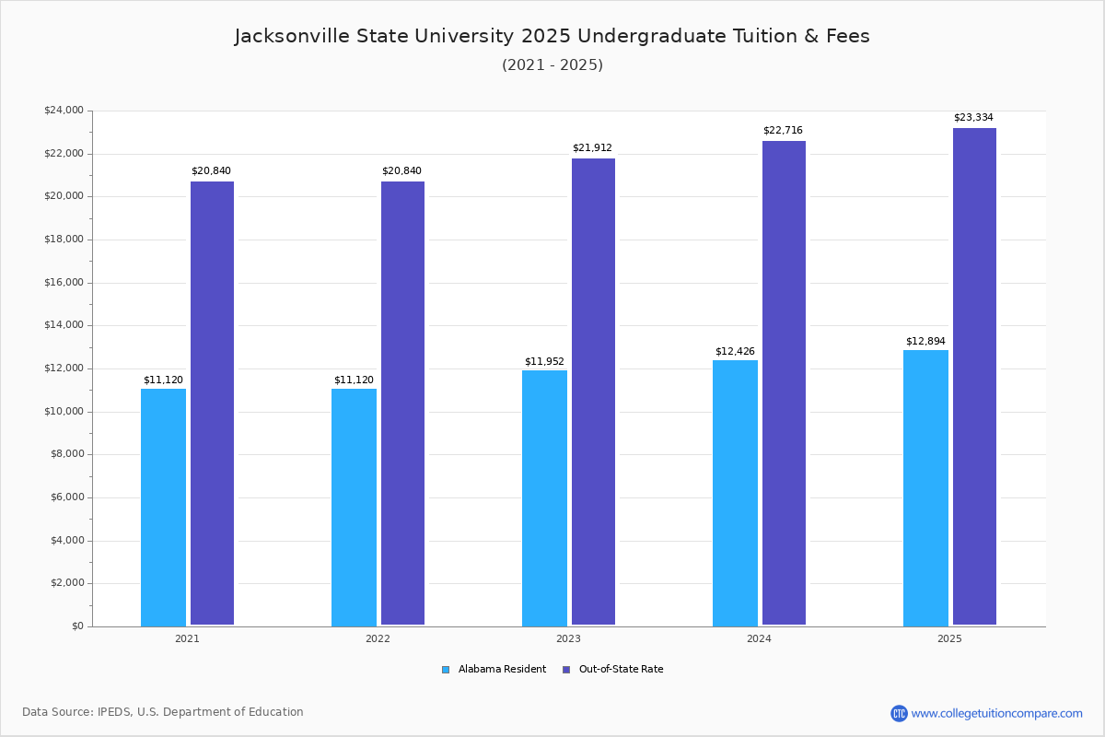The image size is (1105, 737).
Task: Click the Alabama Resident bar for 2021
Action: point(163,507)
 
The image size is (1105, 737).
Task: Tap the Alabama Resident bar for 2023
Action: point(544,497)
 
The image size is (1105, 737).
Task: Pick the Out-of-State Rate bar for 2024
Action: point(784,383)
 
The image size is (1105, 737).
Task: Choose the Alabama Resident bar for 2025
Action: point(925,487)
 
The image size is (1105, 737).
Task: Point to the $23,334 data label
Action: point(973,118)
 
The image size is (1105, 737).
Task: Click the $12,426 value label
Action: point(735,351)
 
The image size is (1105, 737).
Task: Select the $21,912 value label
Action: point(592,148)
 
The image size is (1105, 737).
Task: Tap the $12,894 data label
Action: point(925,341)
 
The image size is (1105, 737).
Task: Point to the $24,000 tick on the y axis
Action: point(64,111)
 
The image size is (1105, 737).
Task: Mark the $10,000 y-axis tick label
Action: point(64,412)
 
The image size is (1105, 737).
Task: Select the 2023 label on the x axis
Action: point(568,638)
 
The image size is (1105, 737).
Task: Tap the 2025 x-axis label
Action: point(949,638)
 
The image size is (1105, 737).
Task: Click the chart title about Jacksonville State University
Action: point(552,36)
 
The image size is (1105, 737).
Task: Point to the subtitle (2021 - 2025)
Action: point(552,65)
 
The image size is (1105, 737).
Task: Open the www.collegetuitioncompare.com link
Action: point(996,713)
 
